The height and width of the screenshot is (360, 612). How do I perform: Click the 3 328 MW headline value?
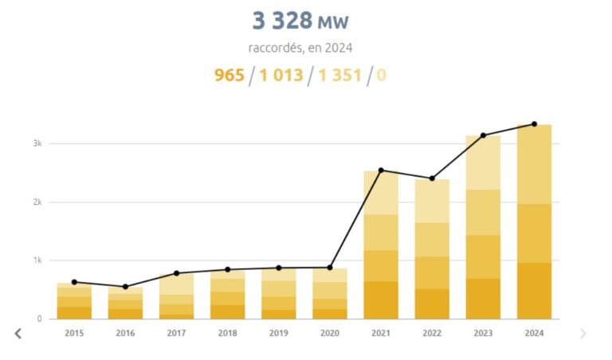pos(300,21)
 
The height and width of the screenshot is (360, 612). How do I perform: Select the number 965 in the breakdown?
pos(229,76)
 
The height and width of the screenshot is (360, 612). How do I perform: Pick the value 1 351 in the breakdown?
pos(339,76)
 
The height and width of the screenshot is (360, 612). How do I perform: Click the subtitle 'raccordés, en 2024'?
pos(300,47)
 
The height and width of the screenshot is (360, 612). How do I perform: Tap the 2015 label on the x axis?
pos(74,333)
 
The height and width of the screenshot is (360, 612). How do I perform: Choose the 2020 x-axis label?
pos(330,333)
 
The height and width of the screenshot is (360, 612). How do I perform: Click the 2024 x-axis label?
pos(534,333)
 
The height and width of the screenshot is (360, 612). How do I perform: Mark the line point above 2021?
pos(381,170)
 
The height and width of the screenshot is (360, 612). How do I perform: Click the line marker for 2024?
pos(534,124)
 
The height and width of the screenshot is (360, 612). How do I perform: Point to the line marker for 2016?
pos(125,287)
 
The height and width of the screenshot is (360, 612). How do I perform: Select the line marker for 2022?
pos(432,178)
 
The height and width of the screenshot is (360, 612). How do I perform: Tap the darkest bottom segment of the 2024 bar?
pos(534,291)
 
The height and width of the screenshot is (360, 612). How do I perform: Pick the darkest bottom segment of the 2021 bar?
pos(381,300)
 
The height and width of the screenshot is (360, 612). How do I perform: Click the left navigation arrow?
pos(18,333)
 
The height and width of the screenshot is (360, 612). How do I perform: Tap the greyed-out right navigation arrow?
pos(583,333)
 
